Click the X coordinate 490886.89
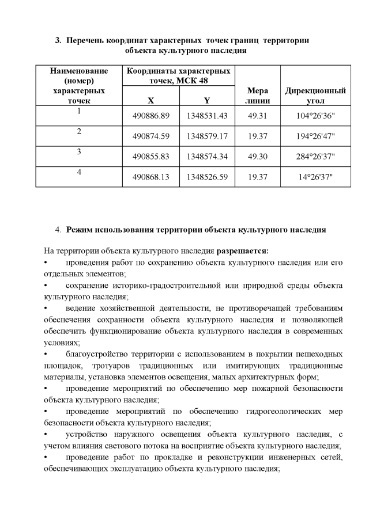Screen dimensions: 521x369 click(x=150, y=116)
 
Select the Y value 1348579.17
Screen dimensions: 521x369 click(x=207, y=136)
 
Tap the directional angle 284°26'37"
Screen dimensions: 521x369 click(x=315, y=157)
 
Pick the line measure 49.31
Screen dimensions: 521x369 click(x=257, y=116)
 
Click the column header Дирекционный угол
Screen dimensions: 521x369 click(x=315, y=96)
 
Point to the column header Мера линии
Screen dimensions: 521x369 click(x=257, y=96)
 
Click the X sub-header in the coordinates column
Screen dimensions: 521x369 click(x=150, y=100)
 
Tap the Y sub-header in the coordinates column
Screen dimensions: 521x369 click(x=207, y=100)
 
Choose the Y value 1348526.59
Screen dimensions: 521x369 click(x=207, y=177)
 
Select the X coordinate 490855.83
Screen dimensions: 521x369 click(x=150, y=157)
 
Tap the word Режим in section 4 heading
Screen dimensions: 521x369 click(x=80, y=230)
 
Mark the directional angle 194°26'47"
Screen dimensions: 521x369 click(x=315, y=136)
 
